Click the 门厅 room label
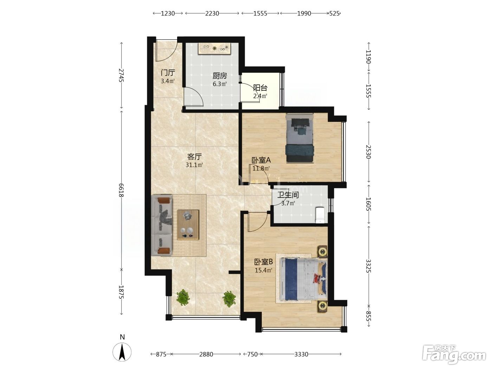coord(168,73)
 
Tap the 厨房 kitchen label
coord(220,76)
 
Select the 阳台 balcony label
coord(260,88)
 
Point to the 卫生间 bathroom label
coord(288,195)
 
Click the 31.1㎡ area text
coord(194,165)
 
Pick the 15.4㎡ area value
coord(264,270)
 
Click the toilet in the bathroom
coord(320,215)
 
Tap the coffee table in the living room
coord(188,225)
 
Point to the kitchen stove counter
coord(215,48)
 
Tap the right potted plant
coord(229,299)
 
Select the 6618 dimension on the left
coord(121,190)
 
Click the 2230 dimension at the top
coord(212,13)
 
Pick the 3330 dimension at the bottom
coord(301,354)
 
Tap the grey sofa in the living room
coord(162,225)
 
